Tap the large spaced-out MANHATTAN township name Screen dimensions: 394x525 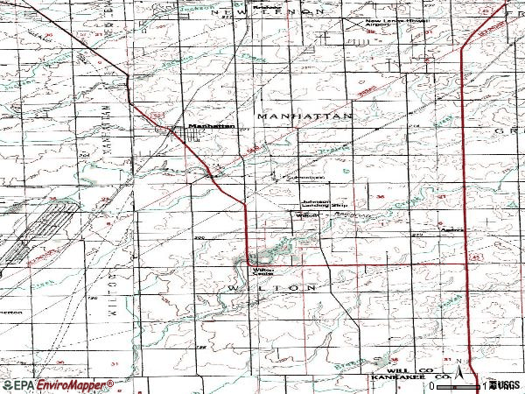pos(304,116)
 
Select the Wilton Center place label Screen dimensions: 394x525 pos(264,272)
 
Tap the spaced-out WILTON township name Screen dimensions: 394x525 pos(271,287)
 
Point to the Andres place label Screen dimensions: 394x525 pos(451,231)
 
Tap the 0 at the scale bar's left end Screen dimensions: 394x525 pos(431,385)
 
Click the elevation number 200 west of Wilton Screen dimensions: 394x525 pos(199,237)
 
